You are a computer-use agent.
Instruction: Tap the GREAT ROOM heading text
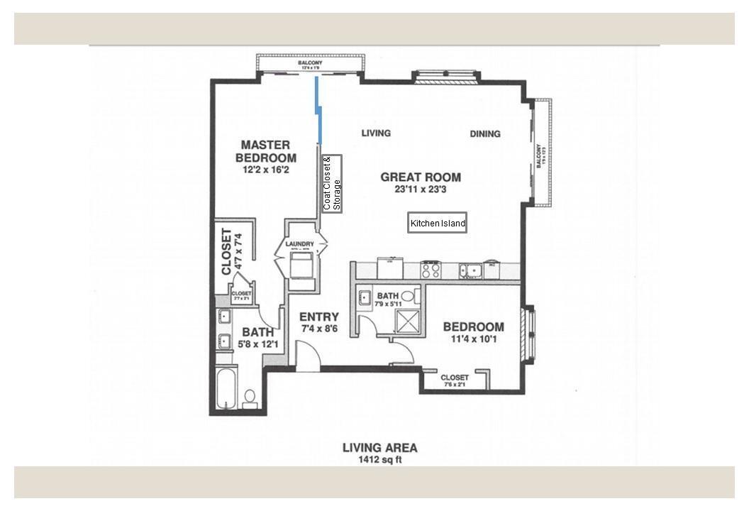[x=421, y=177]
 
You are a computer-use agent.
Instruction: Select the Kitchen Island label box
[x=438, y=224]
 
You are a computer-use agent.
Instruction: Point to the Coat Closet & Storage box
[x=332, y=183]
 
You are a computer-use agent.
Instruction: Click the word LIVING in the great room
[x=376, y=133]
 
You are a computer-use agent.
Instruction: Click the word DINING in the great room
[x=485, y=133]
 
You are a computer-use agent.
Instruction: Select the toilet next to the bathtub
[x=250, y=397]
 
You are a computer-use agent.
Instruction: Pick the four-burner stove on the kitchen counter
[x=431, y=270]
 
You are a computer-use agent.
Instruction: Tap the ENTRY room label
[x=318, y=317]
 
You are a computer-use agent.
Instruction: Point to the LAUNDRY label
[x=299, y=245]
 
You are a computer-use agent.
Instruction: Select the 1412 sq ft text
[x=379, y=460]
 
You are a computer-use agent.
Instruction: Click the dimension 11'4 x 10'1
[x=473, y=339]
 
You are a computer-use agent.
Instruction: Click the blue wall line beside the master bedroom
[x=318, y=110]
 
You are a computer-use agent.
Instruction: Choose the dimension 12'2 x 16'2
[x=265, y=170]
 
